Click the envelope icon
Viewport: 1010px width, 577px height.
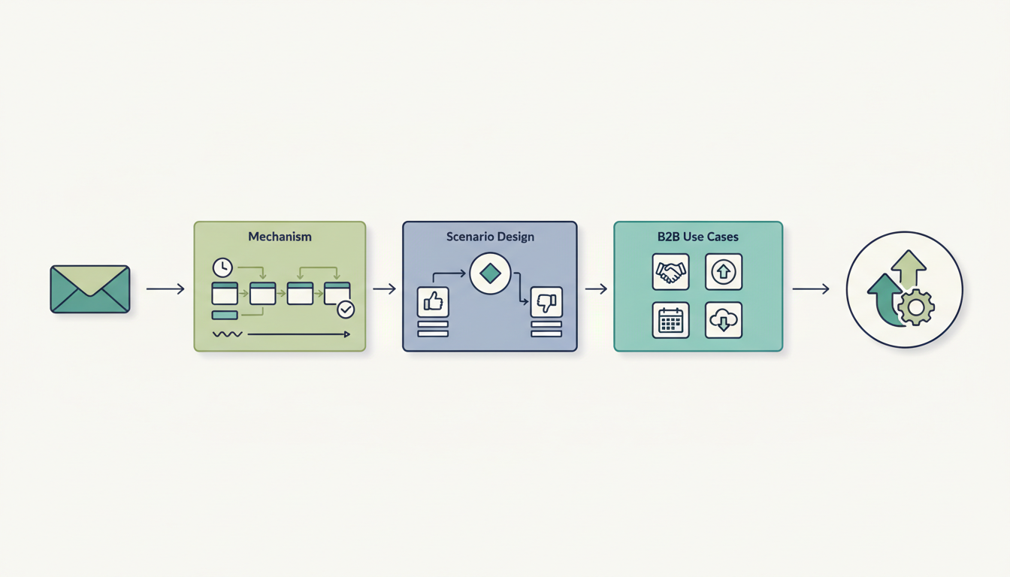[x=90, y=288]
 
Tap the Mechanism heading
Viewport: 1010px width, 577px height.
[x=280, y=237]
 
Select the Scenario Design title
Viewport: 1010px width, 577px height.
[x=489, y=237]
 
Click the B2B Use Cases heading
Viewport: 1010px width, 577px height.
[x=697, y=237]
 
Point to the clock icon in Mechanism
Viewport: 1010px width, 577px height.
[x=222, y=267]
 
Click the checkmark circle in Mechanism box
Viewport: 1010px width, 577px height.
[x=345, y=309]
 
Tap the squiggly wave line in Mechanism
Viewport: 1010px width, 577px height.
[x=227, y=334]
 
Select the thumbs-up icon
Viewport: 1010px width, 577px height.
[x=433, y=302]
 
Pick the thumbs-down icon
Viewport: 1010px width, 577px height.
[x=546, y=302]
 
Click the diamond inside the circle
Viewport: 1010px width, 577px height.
[x=490, y=273]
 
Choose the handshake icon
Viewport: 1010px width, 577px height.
[x=670, y=272]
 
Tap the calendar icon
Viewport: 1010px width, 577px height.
[x=670, y=321]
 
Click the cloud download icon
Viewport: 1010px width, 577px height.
[x=724, y=321]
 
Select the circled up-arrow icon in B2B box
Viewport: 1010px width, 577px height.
[x=724, y=272]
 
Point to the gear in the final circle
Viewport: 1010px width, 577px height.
[x=915, y=307]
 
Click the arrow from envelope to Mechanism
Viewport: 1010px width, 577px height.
[x=165, y=288]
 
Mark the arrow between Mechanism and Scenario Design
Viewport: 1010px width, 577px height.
[x=384, y=288]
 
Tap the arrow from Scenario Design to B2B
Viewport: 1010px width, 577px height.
[x=596, y=288]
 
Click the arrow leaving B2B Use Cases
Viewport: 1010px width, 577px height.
[x=811, y=288]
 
